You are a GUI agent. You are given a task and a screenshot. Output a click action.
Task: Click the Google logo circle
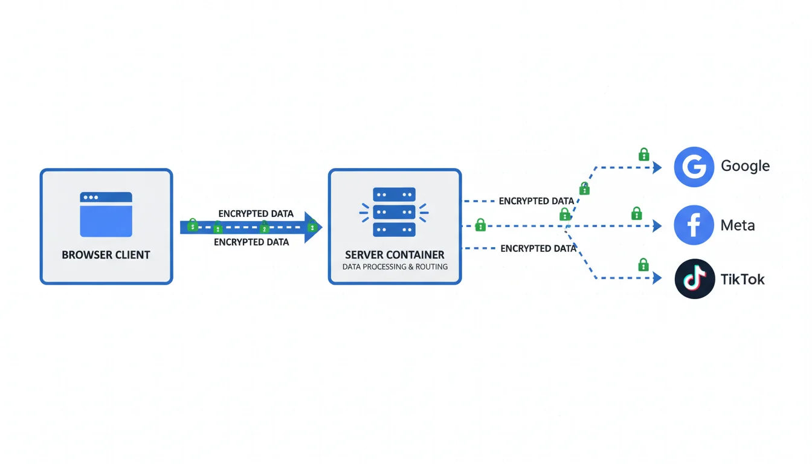click(694, 167)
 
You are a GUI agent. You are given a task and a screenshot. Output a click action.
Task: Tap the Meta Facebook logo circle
click(694, 225)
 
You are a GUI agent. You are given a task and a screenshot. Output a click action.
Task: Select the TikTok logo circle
click(694, 279)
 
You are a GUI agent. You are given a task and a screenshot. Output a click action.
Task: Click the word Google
click(745, 166)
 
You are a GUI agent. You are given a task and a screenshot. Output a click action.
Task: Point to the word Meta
click(738, 225)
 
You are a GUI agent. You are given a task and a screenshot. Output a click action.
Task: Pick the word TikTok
click(743, 279)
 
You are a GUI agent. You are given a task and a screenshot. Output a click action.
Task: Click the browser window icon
click(106, 214)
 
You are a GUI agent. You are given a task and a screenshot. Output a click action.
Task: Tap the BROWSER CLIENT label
click(106, 255)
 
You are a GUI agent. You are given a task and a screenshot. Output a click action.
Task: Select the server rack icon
click(395, 211)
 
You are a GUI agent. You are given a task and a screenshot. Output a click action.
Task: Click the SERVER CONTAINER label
click(395, 255)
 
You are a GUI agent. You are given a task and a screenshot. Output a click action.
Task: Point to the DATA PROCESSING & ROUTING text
click(395, 266)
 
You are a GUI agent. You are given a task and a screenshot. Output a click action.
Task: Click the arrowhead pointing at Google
click(657, 167)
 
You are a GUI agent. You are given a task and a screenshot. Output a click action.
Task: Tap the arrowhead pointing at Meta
click(657, 227)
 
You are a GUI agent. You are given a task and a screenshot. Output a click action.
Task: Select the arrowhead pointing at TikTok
click(657, 279)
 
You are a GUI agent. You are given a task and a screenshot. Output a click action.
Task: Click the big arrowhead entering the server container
click(314, 227)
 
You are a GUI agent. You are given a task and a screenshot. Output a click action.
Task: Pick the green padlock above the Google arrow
click(644, 155)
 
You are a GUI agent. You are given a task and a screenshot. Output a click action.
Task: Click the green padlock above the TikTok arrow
click(643, 265)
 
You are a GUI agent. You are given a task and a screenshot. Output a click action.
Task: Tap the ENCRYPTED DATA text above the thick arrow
click(256, 214)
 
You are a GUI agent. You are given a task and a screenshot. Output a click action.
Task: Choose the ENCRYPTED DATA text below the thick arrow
click(251, 242)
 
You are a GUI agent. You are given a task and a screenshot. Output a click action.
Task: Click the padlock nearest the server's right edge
click(480, 225)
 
